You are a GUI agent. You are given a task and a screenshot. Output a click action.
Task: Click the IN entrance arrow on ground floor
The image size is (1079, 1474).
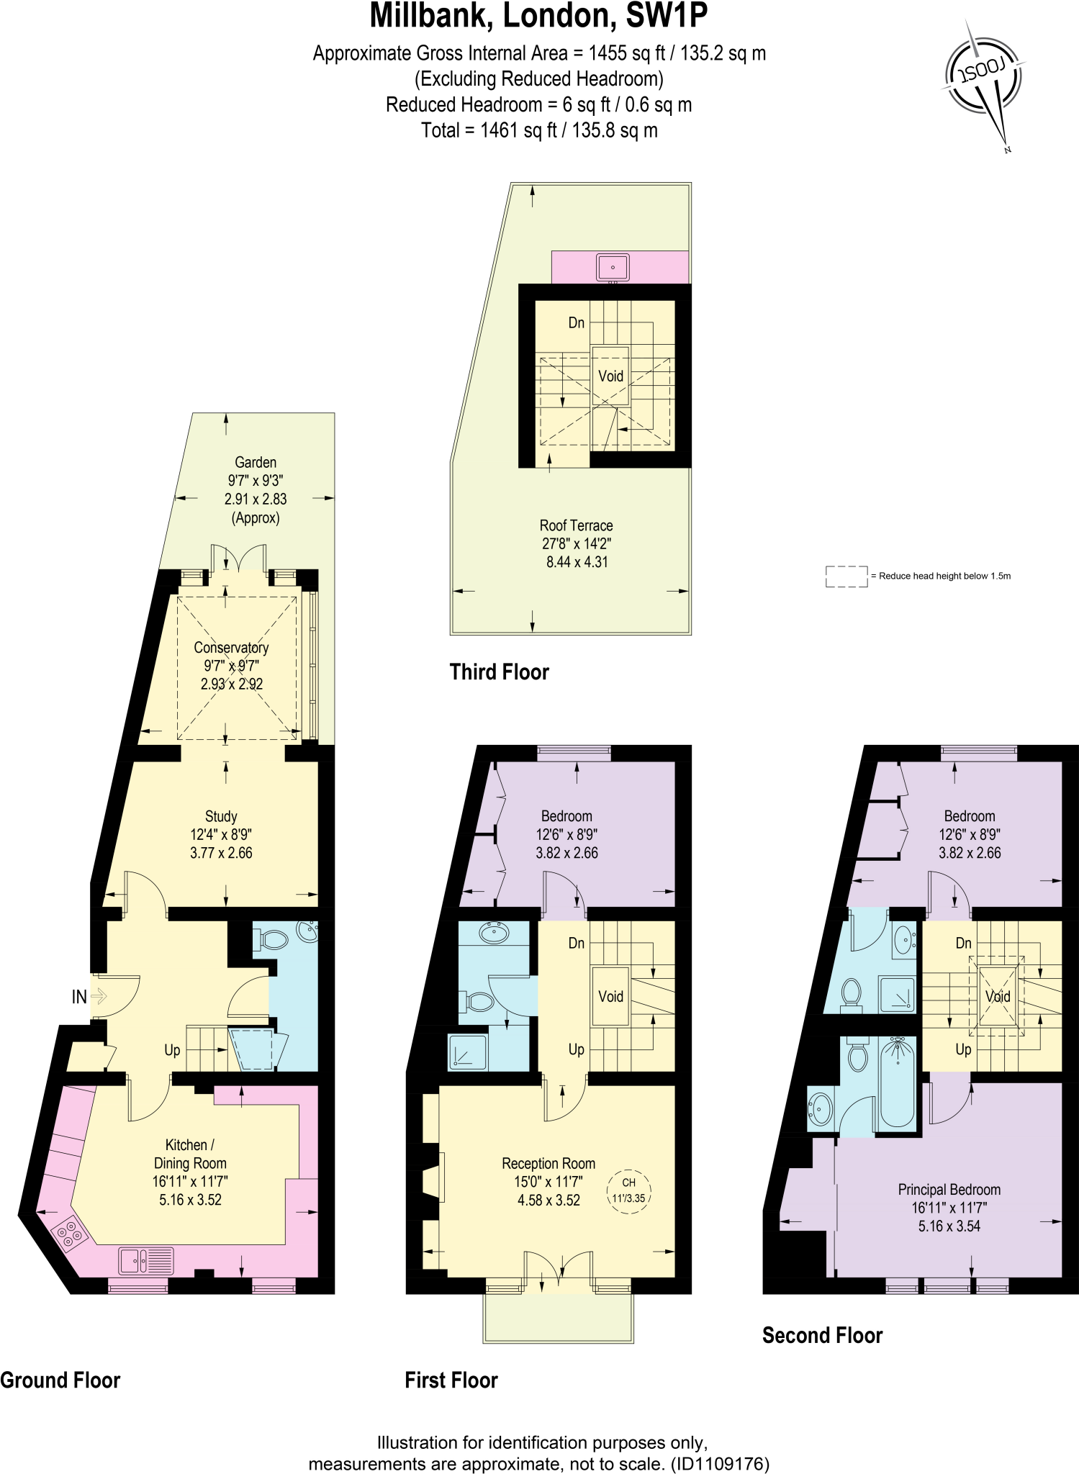point(99,997)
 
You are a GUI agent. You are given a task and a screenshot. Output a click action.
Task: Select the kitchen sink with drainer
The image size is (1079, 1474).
point(146,1260)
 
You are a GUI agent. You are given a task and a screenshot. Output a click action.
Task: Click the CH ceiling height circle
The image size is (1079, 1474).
point(628,1191)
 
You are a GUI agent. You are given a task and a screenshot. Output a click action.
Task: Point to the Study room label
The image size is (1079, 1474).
point(221,816)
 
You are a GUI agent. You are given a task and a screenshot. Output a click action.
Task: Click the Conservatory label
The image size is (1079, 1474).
point(231,648)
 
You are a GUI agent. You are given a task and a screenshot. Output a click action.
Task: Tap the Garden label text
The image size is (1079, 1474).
point(256,462)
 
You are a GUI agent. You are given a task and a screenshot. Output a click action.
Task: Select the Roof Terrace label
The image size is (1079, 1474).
point(577,525)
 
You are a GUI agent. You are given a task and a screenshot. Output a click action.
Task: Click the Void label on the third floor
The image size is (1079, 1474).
point(610,376)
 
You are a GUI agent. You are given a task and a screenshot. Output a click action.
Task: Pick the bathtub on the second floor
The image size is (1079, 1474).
point(898,1085)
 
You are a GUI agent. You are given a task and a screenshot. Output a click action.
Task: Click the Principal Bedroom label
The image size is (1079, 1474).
point(949,1190)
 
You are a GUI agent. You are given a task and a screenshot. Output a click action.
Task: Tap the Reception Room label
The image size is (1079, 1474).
point(548,1163)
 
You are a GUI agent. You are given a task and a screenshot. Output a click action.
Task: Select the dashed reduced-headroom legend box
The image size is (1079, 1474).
point(847,577)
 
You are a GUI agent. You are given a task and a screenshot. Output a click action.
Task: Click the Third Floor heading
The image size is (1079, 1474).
point(499,672)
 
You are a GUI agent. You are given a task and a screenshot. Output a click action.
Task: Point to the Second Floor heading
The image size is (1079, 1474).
point(822,1336)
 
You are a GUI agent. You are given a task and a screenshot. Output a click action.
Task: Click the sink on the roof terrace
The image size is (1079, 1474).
point(613,268)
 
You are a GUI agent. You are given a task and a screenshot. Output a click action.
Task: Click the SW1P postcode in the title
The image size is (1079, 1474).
point(667,16)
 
